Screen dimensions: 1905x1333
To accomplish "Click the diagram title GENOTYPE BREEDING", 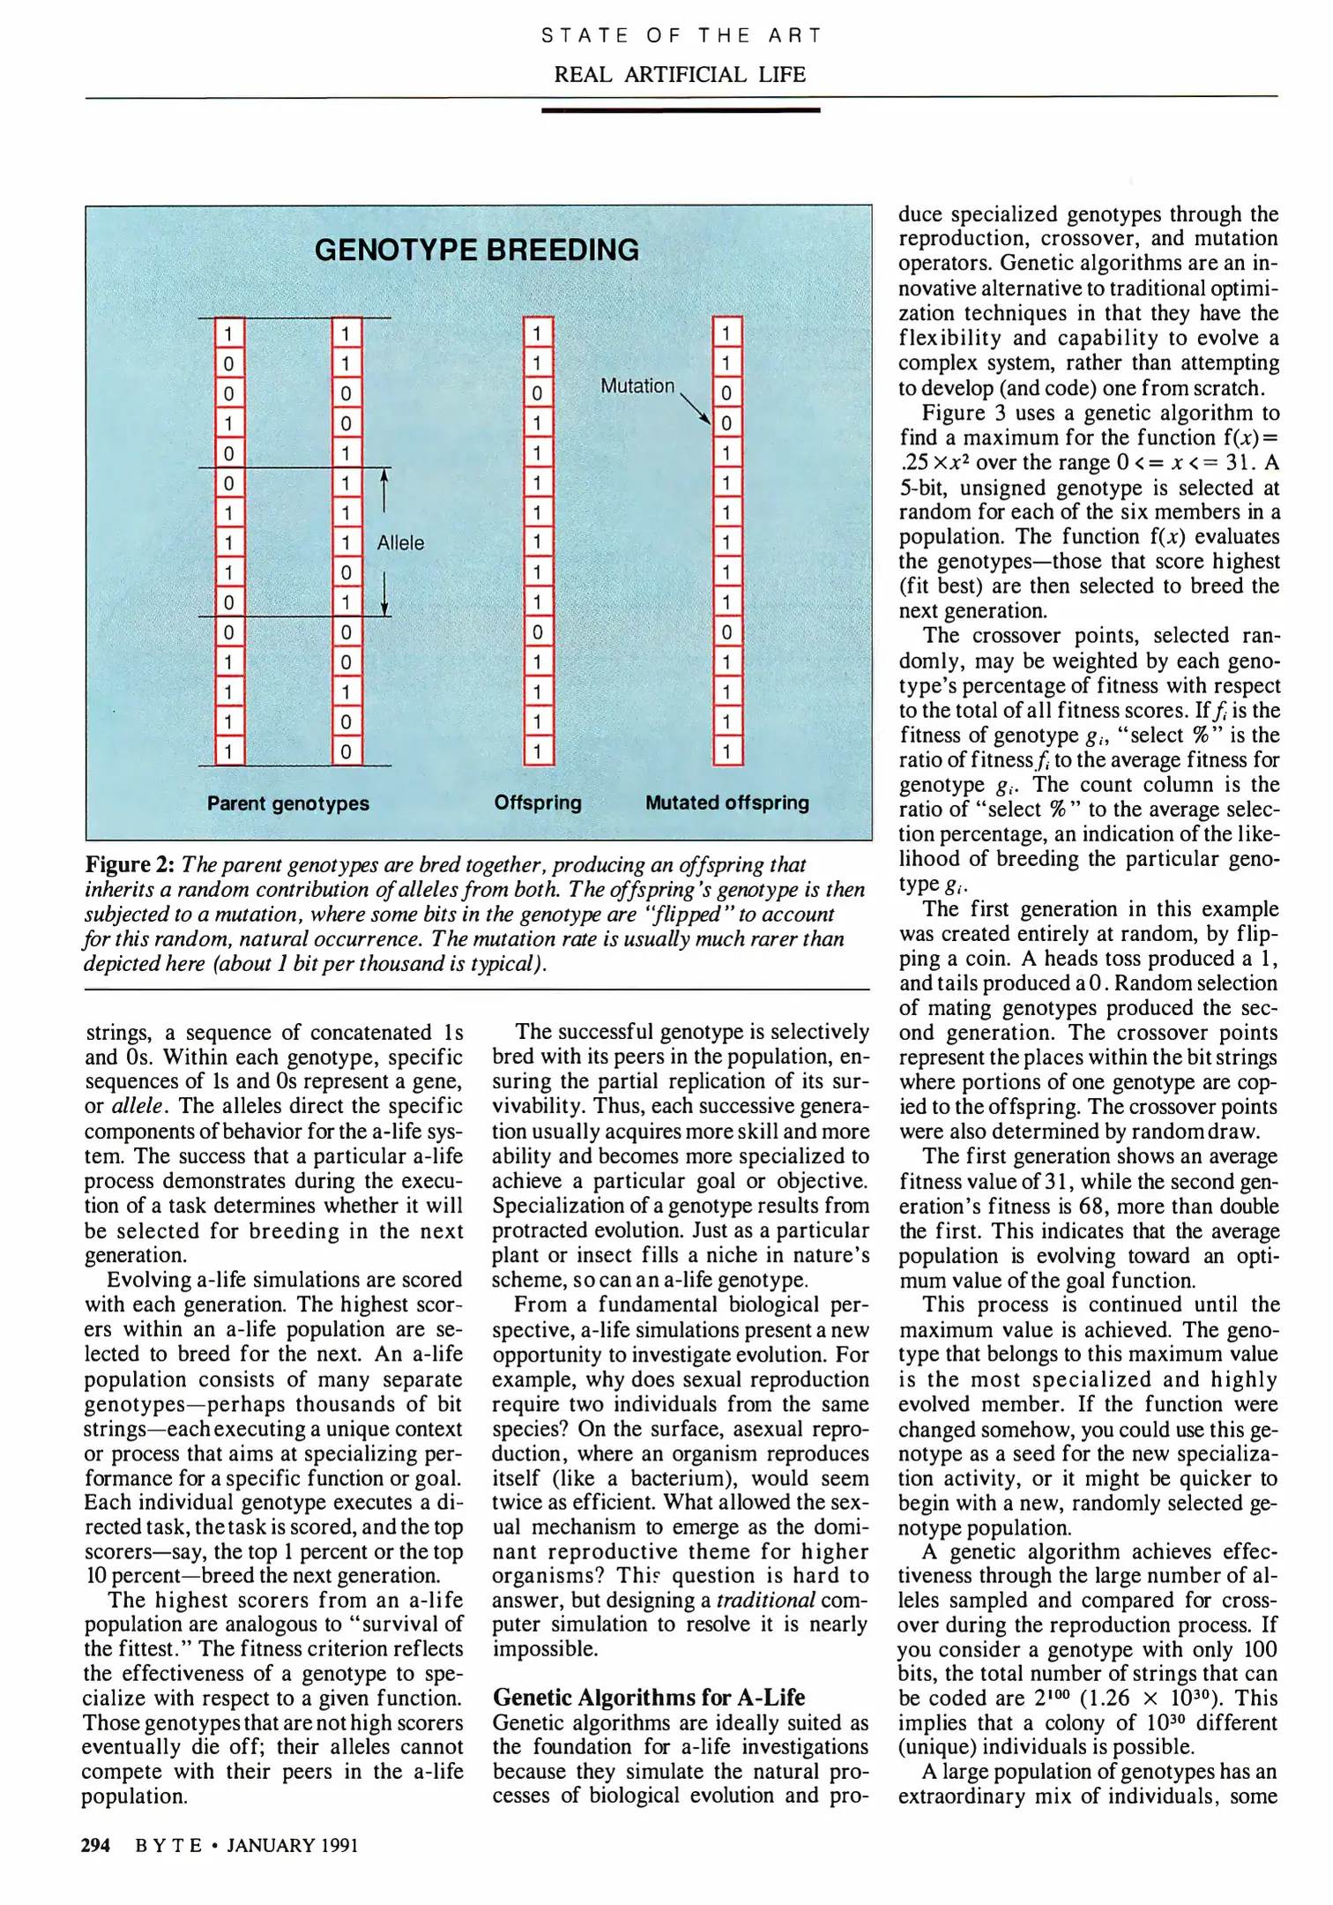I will point(476,250).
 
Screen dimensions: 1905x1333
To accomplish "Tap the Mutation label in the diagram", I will point(637,386).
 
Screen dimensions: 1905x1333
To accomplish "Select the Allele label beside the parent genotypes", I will point(400,543).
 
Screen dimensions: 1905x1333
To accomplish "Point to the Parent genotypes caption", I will point(288,803).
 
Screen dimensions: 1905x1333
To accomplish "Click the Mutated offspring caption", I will point(726,803).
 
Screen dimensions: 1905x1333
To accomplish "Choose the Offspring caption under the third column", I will point(538,803).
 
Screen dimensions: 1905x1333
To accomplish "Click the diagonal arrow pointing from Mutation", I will point(696,407).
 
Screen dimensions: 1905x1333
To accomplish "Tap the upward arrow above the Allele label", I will point(384,489).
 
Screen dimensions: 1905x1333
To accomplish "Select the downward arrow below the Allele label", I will point(384,593).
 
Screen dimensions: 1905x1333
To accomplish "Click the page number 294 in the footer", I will point(96,1845).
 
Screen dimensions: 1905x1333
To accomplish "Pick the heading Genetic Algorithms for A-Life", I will point(649,1697).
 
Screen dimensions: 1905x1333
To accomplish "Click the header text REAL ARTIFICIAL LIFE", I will point(680,74).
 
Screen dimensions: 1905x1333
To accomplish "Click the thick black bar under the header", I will point(680,110).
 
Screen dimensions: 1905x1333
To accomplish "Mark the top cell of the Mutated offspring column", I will point(726,333).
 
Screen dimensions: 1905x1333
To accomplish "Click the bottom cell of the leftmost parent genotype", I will point(228,752).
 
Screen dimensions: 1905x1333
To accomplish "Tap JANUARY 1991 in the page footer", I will point(293,1845).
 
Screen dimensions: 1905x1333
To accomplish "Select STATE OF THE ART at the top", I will point(680,36).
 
